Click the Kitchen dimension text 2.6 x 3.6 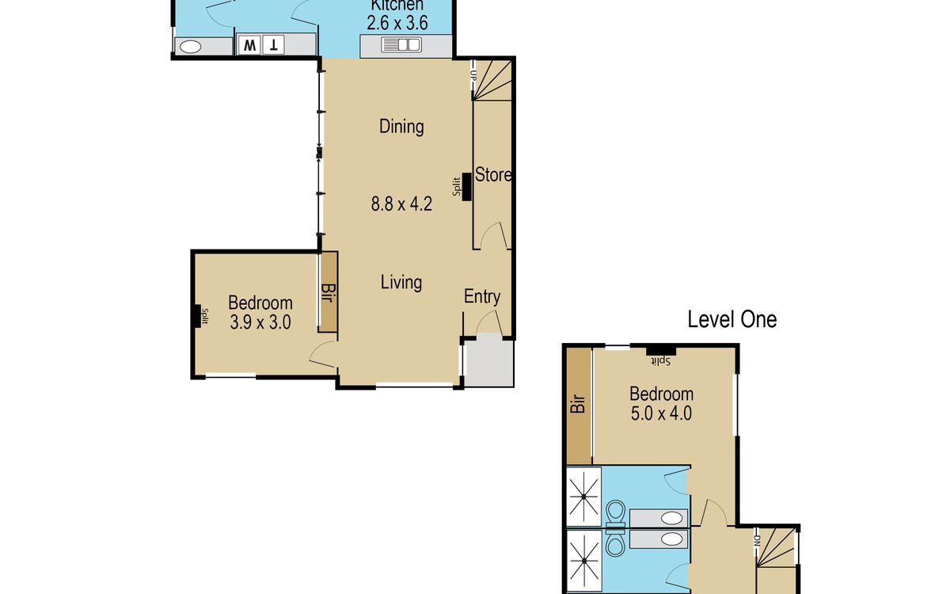click(x=397, y=23)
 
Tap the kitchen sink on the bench click(x=401, y=44)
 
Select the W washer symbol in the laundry click(x=249, y=45)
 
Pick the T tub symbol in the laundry click(x=274, y=45)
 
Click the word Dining click(x=401, y=127)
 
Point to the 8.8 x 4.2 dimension click(x=401, y=204)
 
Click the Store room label click(x=493, y=175)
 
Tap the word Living click(x=401, y=283)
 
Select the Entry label click(x=482, y=296)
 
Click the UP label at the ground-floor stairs click(x=473, y=76)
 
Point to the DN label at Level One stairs click(x=757, y=540)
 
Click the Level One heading click(x=732, y=319)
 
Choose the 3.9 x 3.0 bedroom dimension click(x=260, y=322)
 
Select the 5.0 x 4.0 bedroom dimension click(x=661, y=413)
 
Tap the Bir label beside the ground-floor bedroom click(x=328, y=293)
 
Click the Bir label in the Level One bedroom click(x=579, y=404)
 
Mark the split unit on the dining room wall click(x=466, y=187)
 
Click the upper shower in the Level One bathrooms click(x=584, y=497)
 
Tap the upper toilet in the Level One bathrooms click(x=616, y=514)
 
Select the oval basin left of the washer click(x=191, y=47)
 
